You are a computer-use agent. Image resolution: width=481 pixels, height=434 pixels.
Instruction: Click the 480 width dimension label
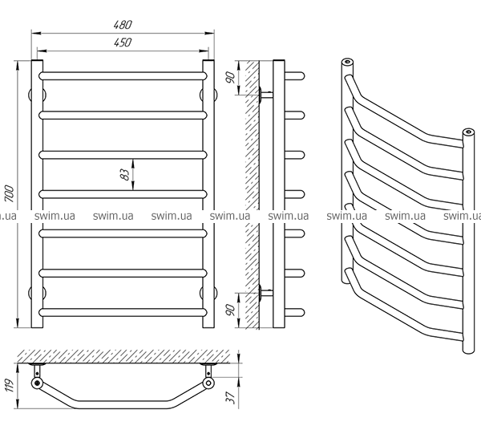(123, 25)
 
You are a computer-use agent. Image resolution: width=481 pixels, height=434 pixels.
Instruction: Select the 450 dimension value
(123, 43)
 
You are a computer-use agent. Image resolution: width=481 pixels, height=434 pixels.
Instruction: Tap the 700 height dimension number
(9, 193)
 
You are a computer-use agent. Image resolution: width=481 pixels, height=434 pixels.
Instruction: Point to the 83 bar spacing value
(124, 174)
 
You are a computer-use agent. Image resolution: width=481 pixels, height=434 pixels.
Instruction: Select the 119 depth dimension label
(9, 386)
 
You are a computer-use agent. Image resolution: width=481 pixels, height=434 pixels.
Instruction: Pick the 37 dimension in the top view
(231, 397)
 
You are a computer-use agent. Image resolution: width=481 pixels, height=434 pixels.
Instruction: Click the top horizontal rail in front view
(123, 76)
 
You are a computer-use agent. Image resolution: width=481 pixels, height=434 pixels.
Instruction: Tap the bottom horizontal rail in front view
(123, 312)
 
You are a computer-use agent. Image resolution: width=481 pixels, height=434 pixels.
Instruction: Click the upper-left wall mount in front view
(37, 95)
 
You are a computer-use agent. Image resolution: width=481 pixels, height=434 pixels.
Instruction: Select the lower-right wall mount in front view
(208, 293)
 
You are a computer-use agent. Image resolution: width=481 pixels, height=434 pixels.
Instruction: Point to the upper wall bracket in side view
(265, 95)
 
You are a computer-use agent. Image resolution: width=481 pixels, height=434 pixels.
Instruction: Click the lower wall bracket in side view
(265, 293)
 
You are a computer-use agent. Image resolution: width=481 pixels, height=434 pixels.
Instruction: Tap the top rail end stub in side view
(294, 76)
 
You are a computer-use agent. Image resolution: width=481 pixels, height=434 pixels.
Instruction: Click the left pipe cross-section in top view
(37, 383)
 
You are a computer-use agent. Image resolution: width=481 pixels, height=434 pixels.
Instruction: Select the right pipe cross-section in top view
(208, 383)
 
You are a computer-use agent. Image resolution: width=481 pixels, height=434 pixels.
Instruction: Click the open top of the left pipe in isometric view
(347, 62)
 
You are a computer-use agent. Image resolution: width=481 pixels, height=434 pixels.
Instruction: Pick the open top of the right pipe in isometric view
(468, 132)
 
